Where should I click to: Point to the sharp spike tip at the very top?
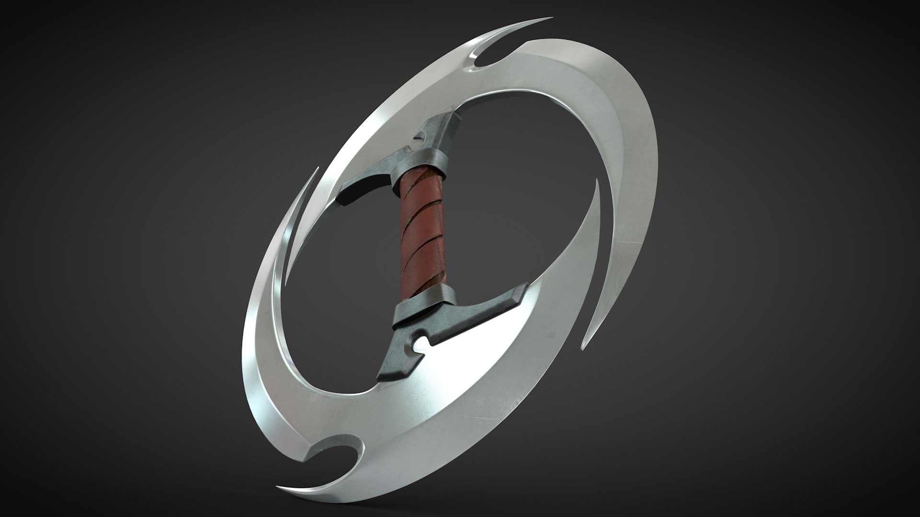pos(551,18)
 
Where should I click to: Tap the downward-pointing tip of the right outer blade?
pos(582,348)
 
